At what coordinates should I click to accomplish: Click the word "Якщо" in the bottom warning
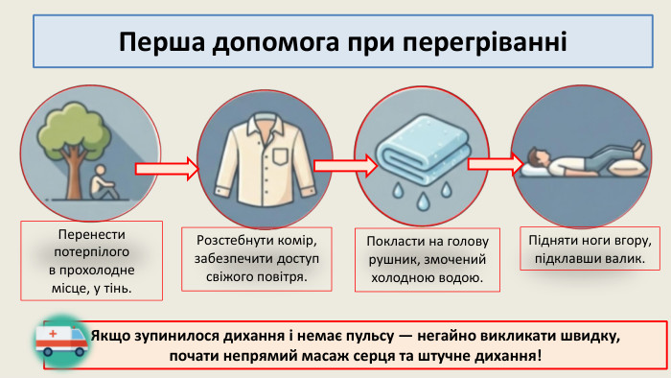pyautogui.click(x=114, y=338)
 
